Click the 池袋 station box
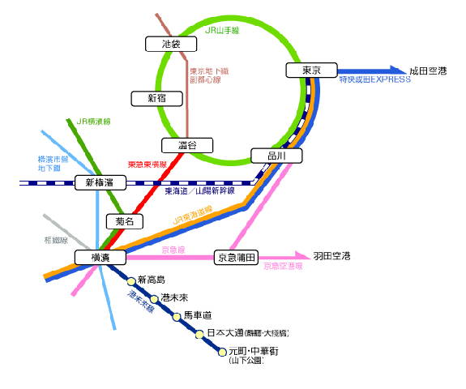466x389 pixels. coord(170,44)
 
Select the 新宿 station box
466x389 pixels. coord(156,98)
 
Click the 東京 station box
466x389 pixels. coord(310,71)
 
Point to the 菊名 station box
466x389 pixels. coord(124,220)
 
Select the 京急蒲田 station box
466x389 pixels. coord(237,257)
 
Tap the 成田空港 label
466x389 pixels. coord(428,70)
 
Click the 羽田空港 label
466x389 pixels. coord(331,256)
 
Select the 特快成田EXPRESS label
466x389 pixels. coord(374,80)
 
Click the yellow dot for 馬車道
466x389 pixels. coord(177,316)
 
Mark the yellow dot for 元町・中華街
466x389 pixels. coord(222,353)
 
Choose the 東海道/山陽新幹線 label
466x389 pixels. coord(199,191)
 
